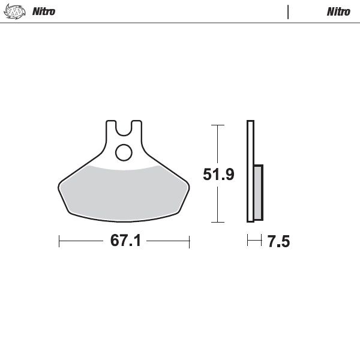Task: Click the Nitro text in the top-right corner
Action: coord(338,11)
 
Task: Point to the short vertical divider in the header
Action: coord(289,11)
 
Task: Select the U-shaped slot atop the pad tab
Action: coord(124,128)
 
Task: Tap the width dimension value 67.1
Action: coord(125,241)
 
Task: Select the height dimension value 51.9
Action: coord(218,175)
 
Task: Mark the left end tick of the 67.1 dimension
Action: coord(59,241)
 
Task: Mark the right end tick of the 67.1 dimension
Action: coord(190,241)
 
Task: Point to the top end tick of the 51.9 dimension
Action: coord(218,125)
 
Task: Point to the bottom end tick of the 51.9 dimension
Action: coord(218,223)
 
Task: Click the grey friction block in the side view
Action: coord(258,191)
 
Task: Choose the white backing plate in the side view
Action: coord(250,171)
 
